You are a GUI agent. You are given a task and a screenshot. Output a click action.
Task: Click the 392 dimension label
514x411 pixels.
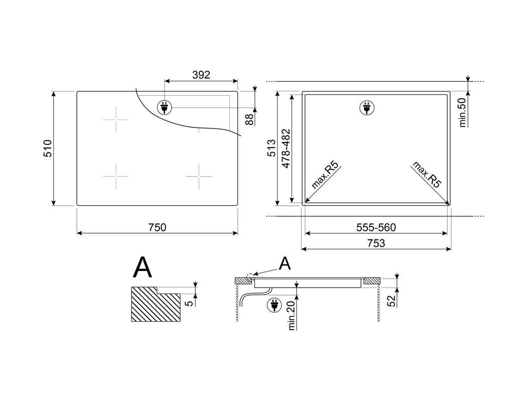201,75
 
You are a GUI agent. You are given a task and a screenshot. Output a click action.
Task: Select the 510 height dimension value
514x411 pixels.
48,149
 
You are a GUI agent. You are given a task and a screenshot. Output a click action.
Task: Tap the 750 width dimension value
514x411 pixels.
157,227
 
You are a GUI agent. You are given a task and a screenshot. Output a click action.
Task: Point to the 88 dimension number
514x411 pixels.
250,119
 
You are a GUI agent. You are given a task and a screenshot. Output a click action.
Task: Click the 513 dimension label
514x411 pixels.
272,148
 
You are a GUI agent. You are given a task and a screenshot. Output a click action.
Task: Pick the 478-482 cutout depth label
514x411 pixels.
286,149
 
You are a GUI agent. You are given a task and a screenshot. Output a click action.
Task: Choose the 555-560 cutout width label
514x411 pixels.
376,227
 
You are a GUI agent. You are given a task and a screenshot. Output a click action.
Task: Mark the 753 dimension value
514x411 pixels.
376,243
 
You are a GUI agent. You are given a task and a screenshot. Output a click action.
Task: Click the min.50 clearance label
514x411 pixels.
462,112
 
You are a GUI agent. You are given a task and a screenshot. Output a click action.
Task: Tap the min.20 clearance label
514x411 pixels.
292,316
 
